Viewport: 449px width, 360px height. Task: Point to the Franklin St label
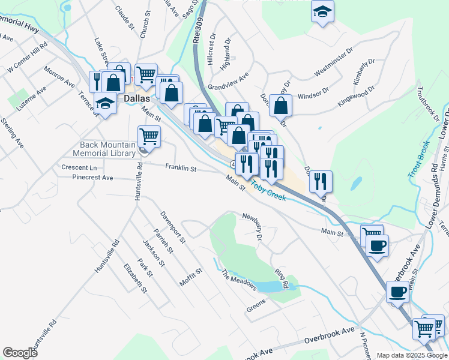[x=181, y=169]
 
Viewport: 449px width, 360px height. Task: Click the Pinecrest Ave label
[x=92, y=178]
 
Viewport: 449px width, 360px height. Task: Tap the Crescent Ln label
[x=79, y=167]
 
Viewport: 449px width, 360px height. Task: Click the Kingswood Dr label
[x=355, y=96]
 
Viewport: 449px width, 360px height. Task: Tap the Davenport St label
[x=173, y=227]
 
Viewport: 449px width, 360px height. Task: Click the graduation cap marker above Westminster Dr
[x=323, y=12]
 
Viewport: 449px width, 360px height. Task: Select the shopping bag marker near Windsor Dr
[x=280, y=106]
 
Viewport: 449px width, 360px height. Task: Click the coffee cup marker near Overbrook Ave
[x=398, y=293]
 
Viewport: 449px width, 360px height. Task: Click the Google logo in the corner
[x=20, y=353]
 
